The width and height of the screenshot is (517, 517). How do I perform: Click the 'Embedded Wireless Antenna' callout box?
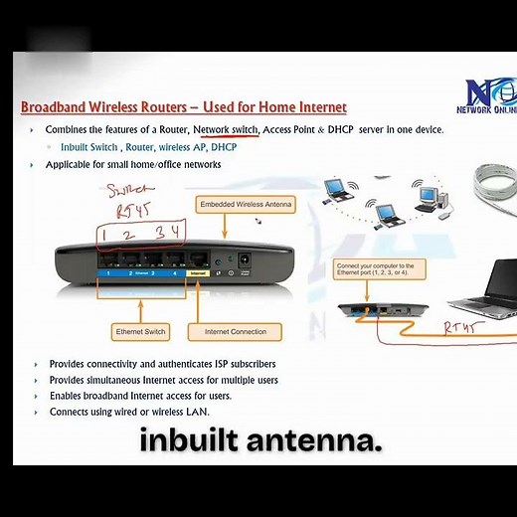point(247,204)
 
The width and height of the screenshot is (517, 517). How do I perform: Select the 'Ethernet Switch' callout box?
point(140,331)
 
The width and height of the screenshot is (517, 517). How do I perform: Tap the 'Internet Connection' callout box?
point(236,331)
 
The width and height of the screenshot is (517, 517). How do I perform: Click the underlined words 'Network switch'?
point(226,130)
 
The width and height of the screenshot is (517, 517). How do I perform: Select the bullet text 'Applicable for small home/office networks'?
point(133,164)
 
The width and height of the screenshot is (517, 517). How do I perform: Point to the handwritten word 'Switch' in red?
point(128,189)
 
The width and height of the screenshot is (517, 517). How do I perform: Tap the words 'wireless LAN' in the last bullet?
point(182,412)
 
